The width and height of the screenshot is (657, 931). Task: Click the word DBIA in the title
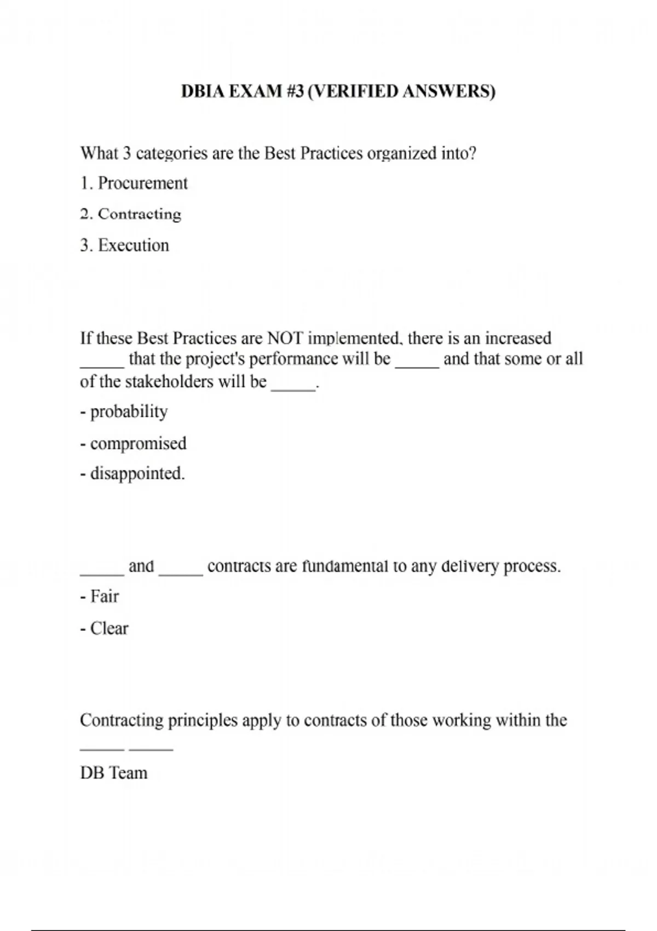203,91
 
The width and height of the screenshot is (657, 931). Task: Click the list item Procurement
142,183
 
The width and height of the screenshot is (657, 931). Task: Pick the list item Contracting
139,214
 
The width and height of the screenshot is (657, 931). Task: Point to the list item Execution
133,245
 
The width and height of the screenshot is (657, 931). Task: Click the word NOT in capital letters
285,338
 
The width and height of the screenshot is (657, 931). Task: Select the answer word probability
129,412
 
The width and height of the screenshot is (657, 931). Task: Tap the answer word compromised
138,443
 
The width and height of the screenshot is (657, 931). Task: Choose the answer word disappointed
137,473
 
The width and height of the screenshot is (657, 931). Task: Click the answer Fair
104,596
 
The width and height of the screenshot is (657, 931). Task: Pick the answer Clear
109,628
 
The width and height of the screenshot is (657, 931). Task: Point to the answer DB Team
114,773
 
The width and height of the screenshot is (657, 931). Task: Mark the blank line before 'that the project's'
102,366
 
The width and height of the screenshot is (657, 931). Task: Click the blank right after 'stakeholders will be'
293,388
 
